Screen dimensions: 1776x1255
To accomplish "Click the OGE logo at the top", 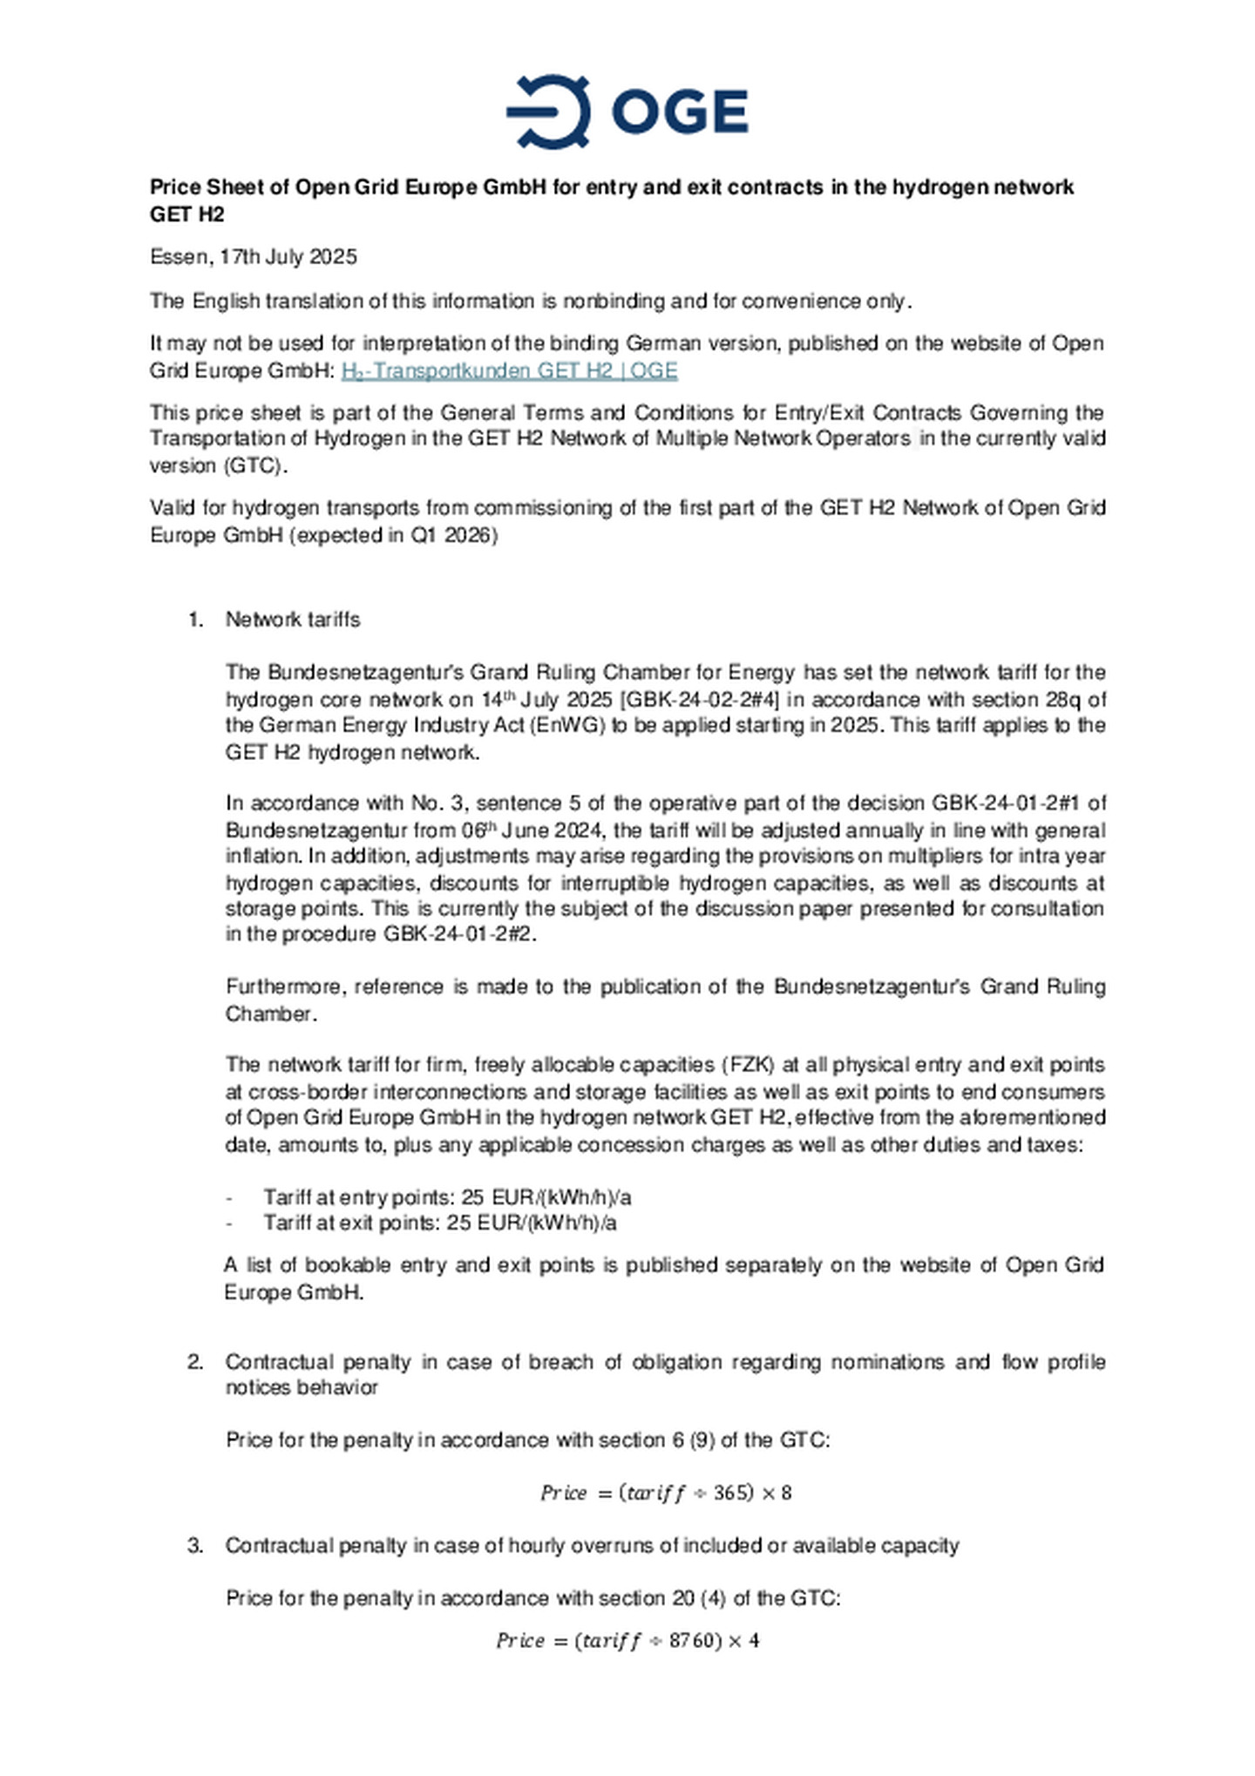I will point(627,112).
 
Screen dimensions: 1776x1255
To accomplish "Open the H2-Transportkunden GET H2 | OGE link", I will point(509,370).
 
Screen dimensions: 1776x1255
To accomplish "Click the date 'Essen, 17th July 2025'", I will point(253,257).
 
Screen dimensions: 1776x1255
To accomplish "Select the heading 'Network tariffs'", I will point(293,620).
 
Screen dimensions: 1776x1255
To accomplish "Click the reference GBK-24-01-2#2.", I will point(460,934).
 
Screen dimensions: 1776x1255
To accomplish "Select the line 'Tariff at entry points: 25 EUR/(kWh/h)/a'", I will point(447,1197).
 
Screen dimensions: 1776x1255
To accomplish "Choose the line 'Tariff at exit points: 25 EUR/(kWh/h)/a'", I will point(440,1223).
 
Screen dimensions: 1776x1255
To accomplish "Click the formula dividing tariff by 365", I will point(666,1493).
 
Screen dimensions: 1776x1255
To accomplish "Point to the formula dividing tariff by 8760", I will point(627,1641).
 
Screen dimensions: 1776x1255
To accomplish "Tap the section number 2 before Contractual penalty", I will point(195,1362).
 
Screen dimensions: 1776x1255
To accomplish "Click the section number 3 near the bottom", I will point(195,1546).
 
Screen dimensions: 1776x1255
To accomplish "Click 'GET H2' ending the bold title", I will point(187,214).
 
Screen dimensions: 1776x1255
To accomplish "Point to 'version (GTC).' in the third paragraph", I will point(218,465).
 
